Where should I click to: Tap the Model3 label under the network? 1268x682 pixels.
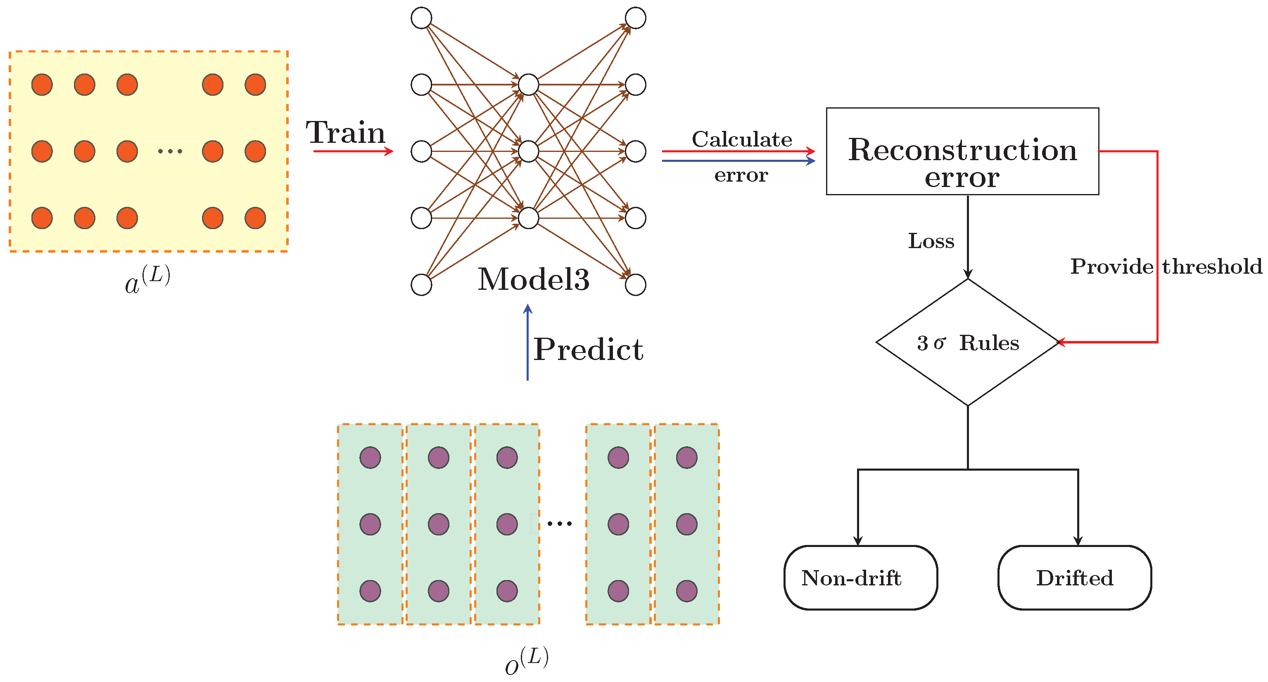tap(534, 279)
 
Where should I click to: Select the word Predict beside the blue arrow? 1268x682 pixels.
tap(588, 349)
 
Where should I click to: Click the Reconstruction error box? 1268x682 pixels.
tap(962, 152)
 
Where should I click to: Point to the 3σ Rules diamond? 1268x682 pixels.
tap(967, 343)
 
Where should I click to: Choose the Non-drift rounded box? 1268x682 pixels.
tap(860, 578)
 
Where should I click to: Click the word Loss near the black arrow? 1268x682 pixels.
tap(931, 241)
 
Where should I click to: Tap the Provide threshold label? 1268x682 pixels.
tap(1166, 267)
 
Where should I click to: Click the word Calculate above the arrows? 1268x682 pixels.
tap(742, 139)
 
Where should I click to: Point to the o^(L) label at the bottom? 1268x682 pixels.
tap(526, 661)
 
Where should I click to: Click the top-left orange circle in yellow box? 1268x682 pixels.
tap(42, 85)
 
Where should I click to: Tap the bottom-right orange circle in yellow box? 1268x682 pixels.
tap(255, 218)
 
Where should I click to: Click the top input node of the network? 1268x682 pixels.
tap(421, 18)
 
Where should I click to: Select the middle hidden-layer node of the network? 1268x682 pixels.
tap(528, 152)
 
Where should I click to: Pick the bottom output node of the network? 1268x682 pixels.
tap(636, 285)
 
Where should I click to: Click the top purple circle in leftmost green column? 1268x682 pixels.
tap(370, 457)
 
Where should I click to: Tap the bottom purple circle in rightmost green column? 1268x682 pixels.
tap(687, 591)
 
